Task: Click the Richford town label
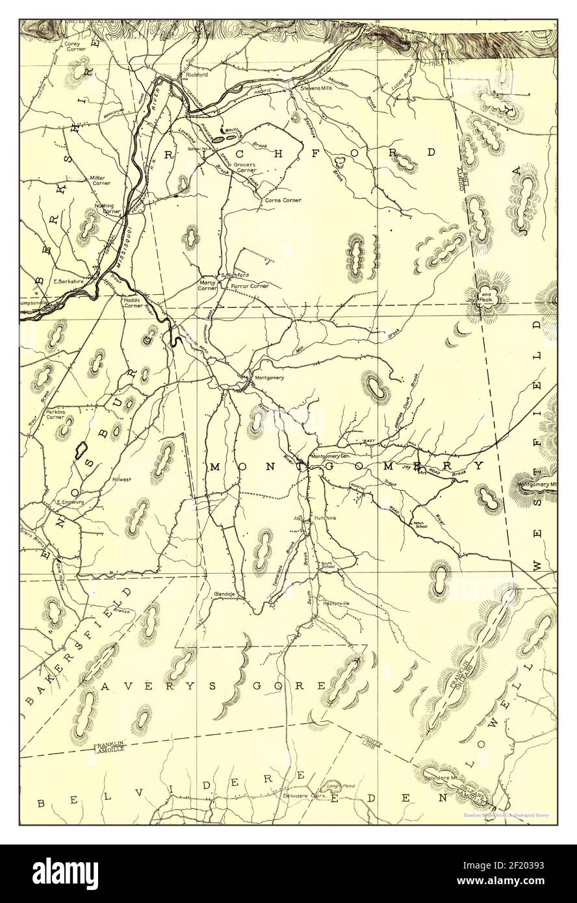(196, 75)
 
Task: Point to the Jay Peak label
(480, 300)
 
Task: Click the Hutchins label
(325, 518)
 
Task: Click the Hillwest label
(122, 479)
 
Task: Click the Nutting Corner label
(108, 208)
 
